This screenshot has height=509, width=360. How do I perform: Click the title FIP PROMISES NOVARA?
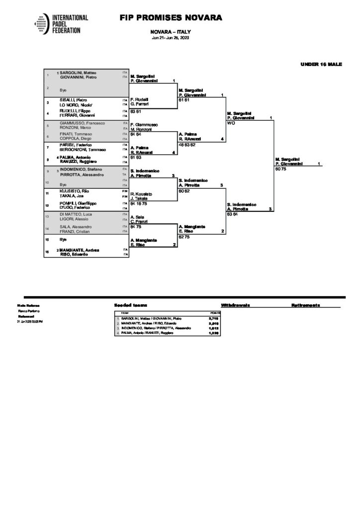(171, 18)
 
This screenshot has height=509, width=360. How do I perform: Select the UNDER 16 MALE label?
(321, 64)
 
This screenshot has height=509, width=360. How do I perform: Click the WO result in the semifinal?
(230, 123)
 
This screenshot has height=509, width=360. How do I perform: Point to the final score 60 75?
(280, 169)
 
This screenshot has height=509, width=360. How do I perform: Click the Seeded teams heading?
(130, 305)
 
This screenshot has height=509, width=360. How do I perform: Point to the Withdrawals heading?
(235, 305)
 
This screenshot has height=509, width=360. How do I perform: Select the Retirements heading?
(306, 305)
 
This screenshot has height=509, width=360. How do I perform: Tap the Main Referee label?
(28, 305)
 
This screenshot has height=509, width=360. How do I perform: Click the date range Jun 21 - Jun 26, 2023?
(171, 38)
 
